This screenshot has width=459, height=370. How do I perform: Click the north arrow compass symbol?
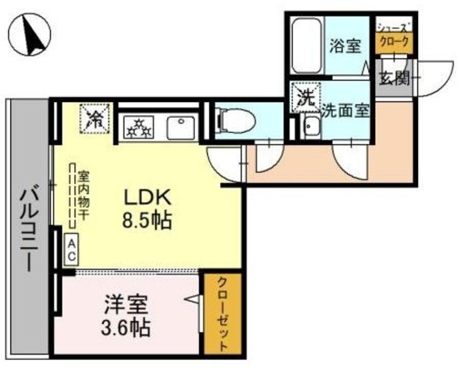pyautogui.click(x=29, y=34)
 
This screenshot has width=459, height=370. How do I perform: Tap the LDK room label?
pyautogui.click(x=148, y=198)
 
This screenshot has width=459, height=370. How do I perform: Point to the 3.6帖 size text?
pyautogui.click(x=126, y=327)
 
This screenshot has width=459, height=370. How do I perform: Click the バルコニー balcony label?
pyautogui.click(x=29, y=231)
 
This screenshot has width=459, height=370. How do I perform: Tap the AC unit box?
pyautogui.click(x=71, y=250)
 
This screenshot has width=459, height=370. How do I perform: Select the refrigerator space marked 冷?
pyautogui.click(x=95, y=119)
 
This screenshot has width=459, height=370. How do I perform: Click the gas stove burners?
pyautogui.click(x=138, y=127)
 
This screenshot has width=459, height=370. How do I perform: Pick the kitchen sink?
pyautogui.click(x=181, y=128)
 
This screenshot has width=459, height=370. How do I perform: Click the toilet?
pyautogui.click(x=235, y=121)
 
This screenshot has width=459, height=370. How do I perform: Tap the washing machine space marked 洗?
pyautogui.click(x=306, y=97)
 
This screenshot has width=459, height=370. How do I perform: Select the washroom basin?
pyautogui.click(x=312, y=127)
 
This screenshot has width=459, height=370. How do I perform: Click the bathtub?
pyautogui.click(x=307, y=45)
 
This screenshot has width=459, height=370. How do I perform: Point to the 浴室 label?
pyautogui.click(x=346, y=46)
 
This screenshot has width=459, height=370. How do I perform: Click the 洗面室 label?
pyautogui.click(x=346, y=111)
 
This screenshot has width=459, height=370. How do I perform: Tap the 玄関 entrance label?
pyautogui.click(x=394, y=78)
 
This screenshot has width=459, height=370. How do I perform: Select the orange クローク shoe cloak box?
pyautogui.click(x=394, y=43)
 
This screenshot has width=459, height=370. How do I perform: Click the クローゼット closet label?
pyautogui.click(x=223, y=314)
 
